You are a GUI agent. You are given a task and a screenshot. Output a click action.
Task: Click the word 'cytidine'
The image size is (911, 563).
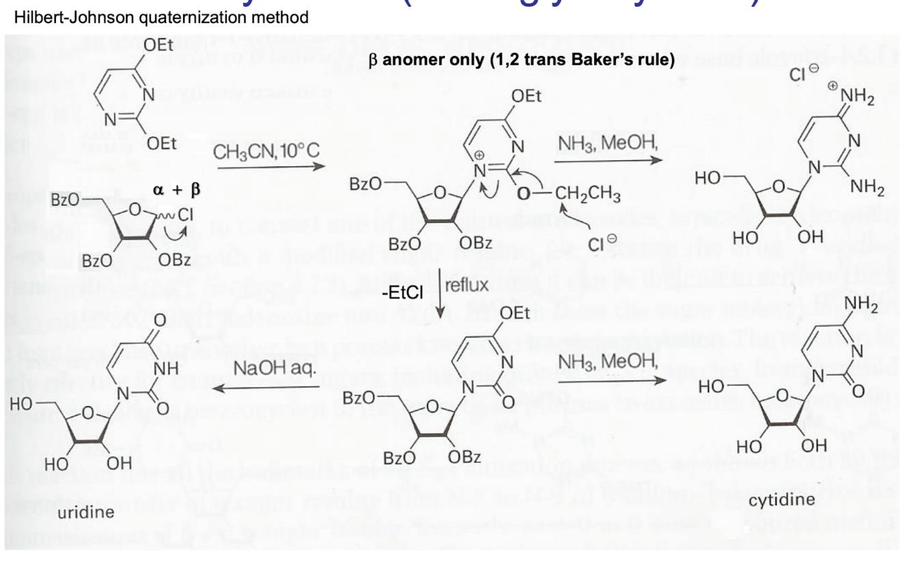coord(782,500)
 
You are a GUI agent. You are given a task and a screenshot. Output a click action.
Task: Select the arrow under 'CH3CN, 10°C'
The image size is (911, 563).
coord(270,168)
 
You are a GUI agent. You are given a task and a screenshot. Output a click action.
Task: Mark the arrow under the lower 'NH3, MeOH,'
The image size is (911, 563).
coord(608,381)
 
